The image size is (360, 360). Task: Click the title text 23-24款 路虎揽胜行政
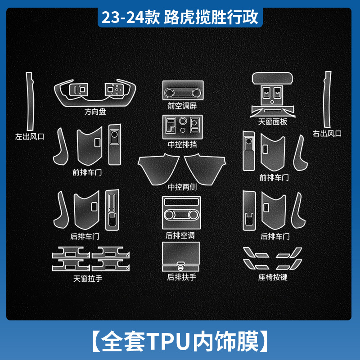[x=180, y=18]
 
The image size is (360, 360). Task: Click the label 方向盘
[x=95, y=112]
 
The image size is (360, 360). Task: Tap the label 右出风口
[x=327, y=133]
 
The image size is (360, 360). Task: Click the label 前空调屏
[x=182, y=106]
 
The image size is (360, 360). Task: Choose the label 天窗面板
[x=273, y=121]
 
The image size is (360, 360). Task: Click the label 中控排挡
[x=182, y=145]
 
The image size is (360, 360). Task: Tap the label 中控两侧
[x=182, y=187]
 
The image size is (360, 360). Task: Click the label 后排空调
[x=180, y=235]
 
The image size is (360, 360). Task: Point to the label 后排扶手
[x=182, y=278]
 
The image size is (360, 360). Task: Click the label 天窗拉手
[x=88, y=279]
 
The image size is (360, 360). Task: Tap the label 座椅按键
[x=273, y=278]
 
